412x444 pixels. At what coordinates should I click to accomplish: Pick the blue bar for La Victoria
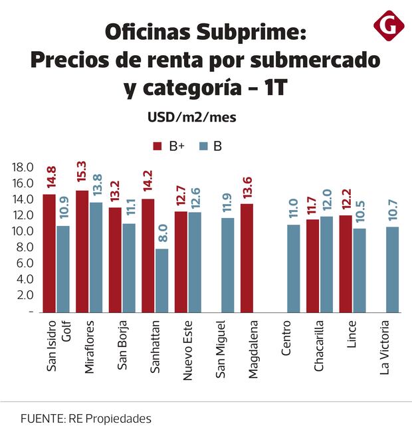[x=392, y=269]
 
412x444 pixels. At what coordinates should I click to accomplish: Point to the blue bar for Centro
[x=293, y=269]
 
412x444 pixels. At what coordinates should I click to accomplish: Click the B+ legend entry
[x=169, y=147]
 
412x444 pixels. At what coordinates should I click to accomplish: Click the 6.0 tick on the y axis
[x=23, y=263]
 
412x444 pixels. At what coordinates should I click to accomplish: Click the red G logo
[x=388, y=26]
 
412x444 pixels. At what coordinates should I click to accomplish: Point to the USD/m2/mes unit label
[x=191, y=118]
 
